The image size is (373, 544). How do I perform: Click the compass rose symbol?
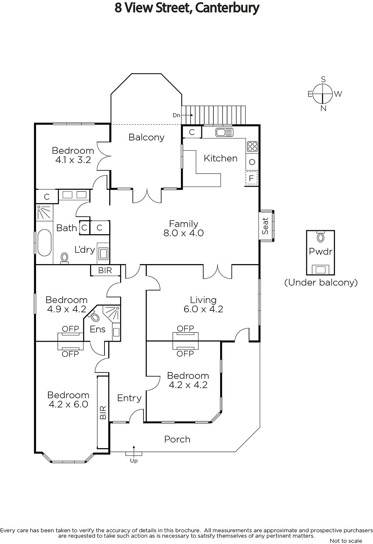[322, 94]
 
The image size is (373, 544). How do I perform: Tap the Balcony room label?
[146, 137]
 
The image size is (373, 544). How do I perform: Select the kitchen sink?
[224, 132]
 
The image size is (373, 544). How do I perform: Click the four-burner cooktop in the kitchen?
[252, 147]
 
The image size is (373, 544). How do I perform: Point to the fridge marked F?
[252, 178]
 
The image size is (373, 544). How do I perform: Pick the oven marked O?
[252, 162]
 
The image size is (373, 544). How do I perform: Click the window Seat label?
[265, 226]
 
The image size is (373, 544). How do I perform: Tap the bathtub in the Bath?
[44, 243]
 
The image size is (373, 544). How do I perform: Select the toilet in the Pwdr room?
[320, 237]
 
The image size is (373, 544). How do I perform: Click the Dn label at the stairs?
[176, 115]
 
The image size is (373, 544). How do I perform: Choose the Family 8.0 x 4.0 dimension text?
[183, 233]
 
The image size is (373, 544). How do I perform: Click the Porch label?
[177, 439]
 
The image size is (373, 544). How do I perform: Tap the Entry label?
[129, 398]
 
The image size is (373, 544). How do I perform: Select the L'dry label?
[84, 250]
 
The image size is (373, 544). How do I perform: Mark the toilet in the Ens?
[95, 317]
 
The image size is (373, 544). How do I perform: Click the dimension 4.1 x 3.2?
[73, 160]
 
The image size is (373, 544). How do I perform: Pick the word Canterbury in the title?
[227, 8]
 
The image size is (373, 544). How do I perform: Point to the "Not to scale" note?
[346, 541]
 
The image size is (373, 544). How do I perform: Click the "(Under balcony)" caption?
[321, 282]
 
